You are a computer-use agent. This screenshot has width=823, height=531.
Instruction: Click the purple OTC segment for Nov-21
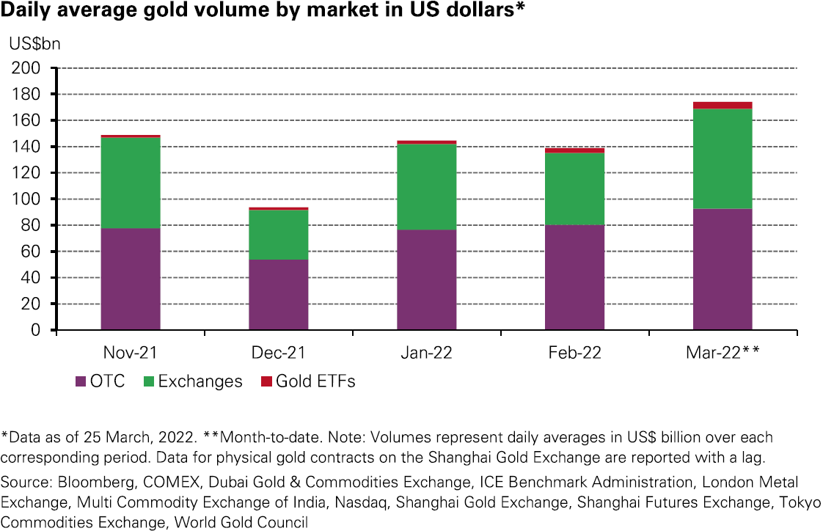click(131, 279)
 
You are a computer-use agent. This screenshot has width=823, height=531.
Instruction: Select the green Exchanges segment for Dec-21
click(279, 235)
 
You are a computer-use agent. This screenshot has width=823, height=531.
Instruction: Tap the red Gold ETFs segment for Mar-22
click(723, 106)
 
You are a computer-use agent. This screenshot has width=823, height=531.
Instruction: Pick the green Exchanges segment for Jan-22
click(427, 187)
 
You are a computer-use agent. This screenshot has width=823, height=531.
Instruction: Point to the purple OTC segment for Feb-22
click(574, 277)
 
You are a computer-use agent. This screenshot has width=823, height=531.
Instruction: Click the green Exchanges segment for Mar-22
click(723, 158)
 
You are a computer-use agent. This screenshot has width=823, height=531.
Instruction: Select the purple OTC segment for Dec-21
click(279, 295)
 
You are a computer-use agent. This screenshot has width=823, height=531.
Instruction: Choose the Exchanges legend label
click(200, 381)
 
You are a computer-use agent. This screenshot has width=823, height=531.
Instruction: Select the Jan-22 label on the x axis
click(427, 353)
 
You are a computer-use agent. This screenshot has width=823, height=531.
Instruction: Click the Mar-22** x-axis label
click(723, 353)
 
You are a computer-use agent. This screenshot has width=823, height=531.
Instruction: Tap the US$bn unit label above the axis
click(34, 43)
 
